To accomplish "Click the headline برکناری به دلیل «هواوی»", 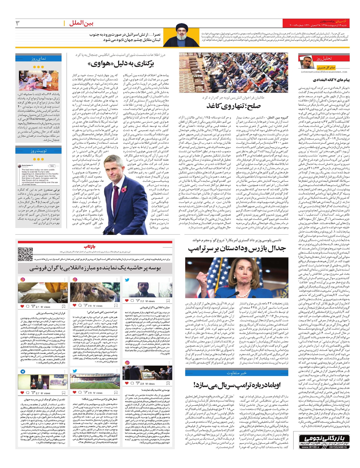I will coord(121,64).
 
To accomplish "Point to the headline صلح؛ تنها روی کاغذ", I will coord(233,106).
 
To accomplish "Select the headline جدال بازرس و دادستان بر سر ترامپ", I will coord(237,248).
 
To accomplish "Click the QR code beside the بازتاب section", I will coord(25,254).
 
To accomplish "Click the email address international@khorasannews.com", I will coord(324,72).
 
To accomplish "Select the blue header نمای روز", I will coord(38,59).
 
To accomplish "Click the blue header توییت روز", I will coord(38,151).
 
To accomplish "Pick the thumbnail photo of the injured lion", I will coord(95,291).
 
